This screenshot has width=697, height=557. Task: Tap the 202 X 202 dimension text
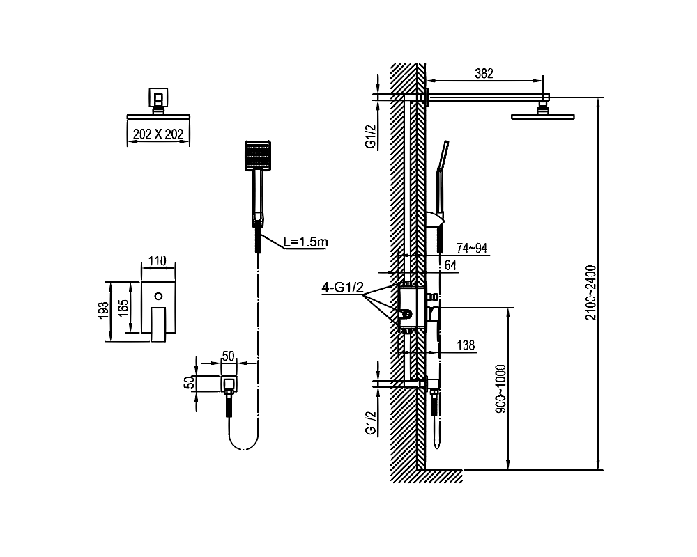(158, 134)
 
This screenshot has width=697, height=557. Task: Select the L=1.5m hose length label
(305, 242)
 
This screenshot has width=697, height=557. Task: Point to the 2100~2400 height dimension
(590, 292)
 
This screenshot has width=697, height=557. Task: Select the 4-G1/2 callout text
(342, 286)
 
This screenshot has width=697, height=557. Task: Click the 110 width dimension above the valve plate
(158, 261)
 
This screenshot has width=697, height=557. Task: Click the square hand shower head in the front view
(257, 155)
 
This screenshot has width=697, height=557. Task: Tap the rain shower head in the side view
(544, 116)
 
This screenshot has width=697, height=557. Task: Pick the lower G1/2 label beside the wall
(371, 423)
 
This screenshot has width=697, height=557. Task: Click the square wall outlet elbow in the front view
(229, 384)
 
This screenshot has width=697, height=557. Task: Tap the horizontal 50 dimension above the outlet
(227, 356)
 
